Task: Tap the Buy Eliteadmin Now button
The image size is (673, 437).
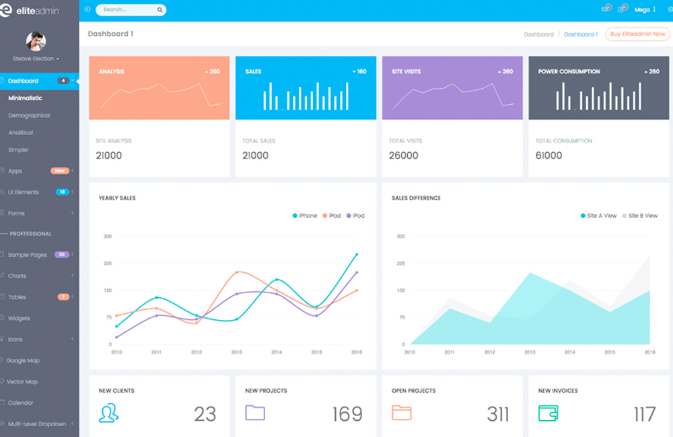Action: pos(637,34)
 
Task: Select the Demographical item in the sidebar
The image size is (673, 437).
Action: pos(29,116)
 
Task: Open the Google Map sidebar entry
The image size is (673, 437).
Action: pos(24,361)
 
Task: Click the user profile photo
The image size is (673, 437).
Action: pos(36,42)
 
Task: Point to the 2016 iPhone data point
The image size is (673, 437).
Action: pos(357,255)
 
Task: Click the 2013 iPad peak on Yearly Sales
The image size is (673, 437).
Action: pos(238,272)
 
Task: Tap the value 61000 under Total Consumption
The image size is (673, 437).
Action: pos(548,155)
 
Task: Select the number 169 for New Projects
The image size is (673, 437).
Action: pos(347,414)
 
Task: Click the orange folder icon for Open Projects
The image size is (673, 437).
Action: pos(402,412)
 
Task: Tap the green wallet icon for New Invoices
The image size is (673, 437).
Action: pos(548,412)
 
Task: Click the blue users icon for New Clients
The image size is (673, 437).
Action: pos(108,413)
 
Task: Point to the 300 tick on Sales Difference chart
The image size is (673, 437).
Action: pos(400,237)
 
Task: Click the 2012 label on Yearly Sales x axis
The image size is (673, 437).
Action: pos(197,352)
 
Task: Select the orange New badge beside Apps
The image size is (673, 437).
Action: pos(60,171)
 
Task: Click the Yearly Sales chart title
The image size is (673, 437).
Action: pos(117,198)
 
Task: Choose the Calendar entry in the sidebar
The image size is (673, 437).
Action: pos(20,403)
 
